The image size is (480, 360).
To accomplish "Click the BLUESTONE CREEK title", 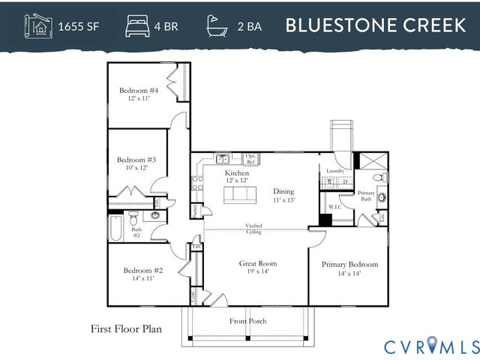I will [x=375, y=25].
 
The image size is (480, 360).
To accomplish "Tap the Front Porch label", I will [x=247, y=321].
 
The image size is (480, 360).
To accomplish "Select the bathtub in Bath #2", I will [x=116, y=228].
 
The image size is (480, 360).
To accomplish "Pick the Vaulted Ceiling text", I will [x=254, y=229].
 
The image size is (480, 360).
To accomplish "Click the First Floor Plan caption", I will [x=126, y=328].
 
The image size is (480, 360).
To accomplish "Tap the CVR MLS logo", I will [x=431, y=346].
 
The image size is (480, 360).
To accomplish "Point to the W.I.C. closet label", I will [x=334, y=206].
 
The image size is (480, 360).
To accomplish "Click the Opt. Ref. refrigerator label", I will [x=250, y=159].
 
